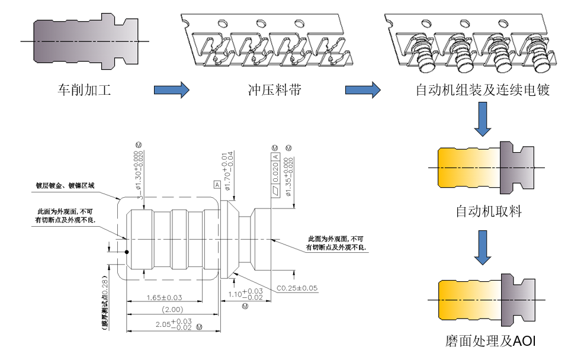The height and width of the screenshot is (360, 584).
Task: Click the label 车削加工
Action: click(x=84, y=91)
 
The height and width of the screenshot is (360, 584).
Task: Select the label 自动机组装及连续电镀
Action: click(x=483, y=91)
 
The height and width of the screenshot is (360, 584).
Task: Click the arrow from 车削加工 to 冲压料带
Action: click(x=171, y=91)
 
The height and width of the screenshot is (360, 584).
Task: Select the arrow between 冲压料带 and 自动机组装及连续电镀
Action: click(x=362, y=91)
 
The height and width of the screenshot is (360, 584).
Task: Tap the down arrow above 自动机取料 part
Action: click(x=483, y=118)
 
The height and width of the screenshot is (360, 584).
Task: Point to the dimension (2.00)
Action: click(x=172, y=308)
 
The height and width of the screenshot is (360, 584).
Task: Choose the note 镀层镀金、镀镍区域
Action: click(x=65, y=185)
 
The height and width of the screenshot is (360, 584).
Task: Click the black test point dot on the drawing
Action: click(x=127, y=252)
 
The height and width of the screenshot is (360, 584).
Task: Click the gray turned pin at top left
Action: click(x=83, y=41)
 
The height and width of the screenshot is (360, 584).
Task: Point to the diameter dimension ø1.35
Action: click(x=288, y=176)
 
